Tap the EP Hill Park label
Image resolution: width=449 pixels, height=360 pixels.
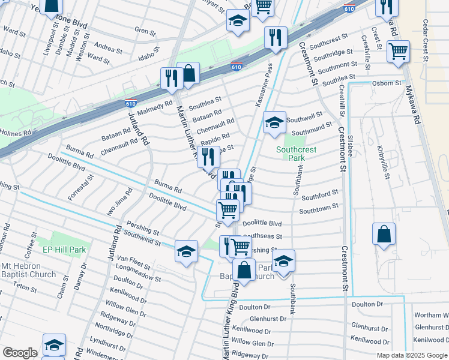coord(64,250)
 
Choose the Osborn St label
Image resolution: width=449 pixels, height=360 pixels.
coord(387,83)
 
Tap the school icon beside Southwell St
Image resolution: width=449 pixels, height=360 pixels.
coord(274,123)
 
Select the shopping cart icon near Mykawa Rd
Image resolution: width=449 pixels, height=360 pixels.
coord(397,52)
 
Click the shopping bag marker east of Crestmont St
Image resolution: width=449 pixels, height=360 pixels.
coord(384,234)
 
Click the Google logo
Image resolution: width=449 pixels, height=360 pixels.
coord(19,353)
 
